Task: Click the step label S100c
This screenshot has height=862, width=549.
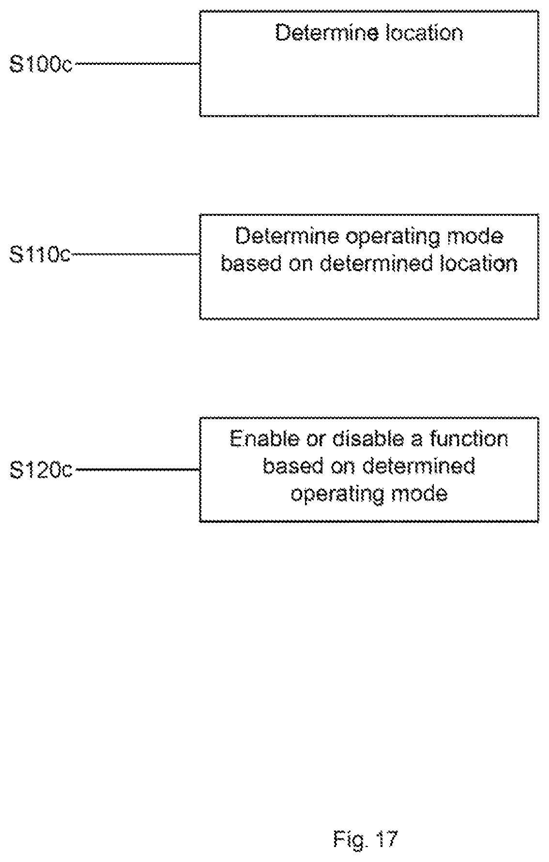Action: (41, 64)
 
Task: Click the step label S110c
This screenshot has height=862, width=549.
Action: (40, 255)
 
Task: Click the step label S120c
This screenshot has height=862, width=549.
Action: (41, 470)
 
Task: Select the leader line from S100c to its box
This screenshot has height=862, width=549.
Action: (137, 63)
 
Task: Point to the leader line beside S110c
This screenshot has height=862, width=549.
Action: (135, 254)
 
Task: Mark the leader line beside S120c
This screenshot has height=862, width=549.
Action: (137, 469)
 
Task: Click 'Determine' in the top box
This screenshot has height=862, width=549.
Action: (327, 33)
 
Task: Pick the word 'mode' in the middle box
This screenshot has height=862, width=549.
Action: (476, 237)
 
